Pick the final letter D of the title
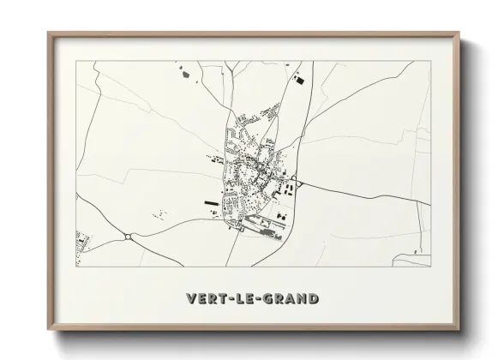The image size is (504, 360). [313, 299]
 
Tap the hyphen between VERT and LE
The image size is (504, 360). [225, 299]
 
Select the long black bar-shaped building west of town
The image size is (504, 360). [211, 203]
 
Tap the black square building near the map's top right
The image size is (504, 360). [299, 80]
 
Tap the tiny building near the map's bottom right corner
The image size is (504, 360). [416, 252]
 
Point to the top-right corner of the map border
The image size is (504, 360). [430, 62]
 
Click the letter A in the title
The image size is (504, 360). [288, 299]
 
